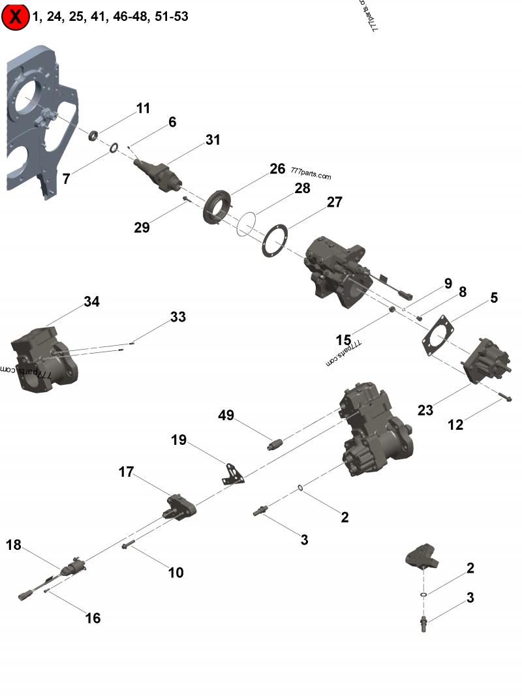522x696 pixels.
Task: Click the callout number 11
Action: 143,108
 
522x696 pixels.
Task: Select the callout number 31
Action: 213,140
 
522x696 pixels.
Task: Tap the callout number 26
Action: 277,169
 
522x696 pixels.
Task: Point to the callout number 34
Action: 91,301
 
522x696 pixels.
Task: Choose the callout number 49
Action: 226,416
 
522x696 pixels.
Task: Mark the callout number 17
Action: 126,471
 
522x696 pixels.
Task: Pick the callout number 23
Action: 425,410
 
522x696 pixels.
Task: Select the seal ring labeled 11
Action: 93,136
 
